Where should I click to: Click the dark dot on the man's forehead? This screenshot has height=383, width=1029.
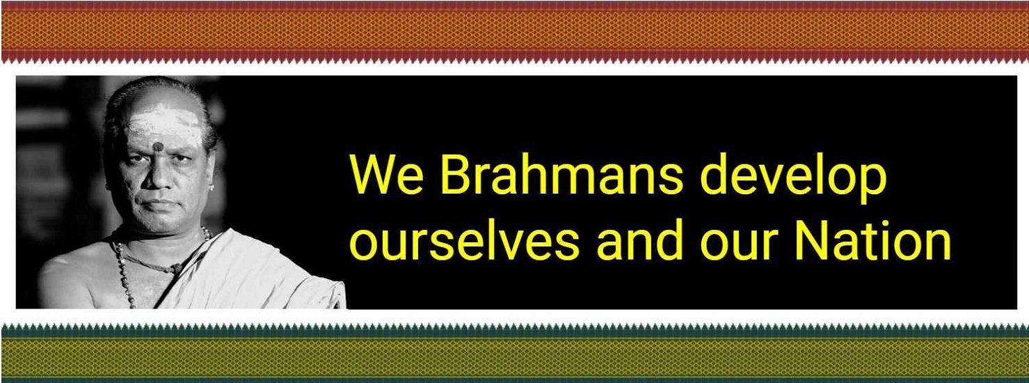(159, 146)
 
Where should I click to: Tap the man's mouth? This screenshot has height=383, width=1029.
(159, 204)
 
